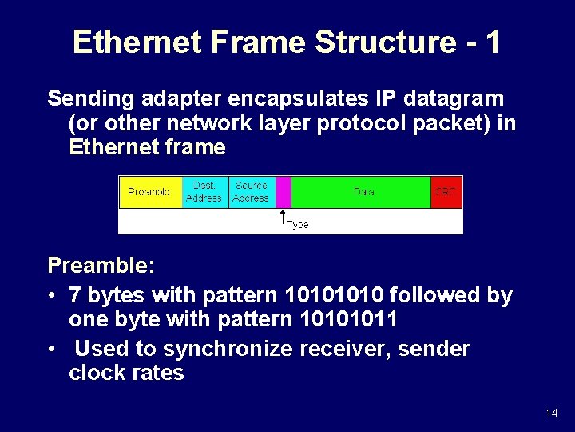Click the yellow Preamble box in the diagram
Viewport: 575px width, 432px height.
150,192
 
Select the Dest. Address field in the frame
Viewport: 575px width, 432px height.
204,192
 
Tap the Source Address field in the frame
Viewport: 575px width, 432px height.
252,192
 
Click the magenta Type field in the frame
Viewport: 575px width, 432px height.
283,192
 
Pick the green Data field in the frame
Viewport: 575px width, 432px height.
361,192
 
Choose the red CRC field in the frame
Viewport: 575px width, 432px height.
446,192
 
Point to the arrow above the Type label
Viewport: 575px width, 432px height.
282,216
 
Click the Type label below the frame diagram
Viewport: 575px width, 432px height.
297,225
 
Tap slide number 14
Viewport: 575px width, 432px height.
552,413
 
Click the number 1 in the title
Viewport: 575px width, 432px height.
491,42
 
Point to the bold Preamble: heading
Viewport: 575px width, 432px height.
101,265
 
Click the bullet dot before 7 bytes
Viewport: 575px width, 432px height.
53,296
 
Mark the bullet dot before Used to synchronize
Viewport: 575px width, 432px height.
53,350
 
